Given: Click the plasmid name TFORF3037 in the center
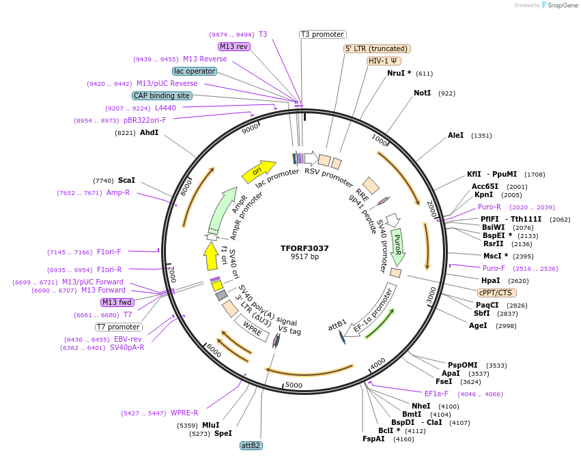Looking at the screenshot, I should tap(304, 248).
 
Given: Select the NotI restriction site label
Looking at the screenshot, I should tap(422, 93).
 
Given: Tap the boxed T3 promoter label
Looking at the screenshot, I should tap(323, 34).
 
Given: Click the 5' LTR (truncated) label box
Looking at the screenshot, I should tap(376, 48).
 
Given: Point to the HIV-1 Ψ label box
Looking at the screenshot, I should tap(383, 61).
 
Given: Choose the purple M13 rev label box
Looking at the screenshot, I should tap(234, 46).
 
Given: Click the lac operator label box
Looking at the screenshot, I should tap(195, 71).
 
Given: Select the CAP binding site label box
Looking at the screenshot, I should tap(162, 96).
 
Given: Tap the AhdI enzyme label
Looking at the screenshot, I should tap(149, 132).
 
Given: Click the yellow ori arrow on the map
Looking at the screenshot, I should tap(258, 171).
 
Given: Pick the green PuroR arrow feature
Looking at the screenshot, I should tap(397, 246).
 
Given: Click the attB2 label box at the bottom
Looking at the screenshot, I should tap(251, 445).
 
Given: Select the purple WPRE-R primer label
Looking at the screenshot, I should tap(184, 413).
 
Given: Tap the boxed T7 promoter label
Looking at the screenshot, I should tap(119, 327).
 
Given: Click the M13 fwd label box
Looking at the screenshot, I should tap(117, 302).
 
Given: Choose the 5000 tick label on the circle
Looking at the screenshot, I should tap(294, 385).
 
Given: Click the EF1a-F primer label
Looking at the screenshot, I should tap(436, 394).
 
